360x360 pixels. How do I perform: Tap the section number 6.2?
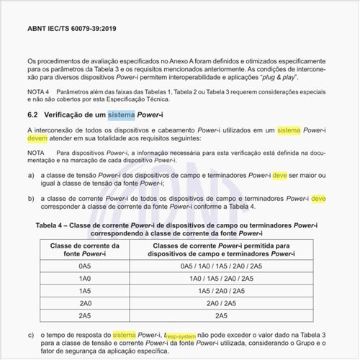coord(33,115)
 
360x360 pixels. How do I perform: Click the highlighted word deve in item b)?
coord(318,197)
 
